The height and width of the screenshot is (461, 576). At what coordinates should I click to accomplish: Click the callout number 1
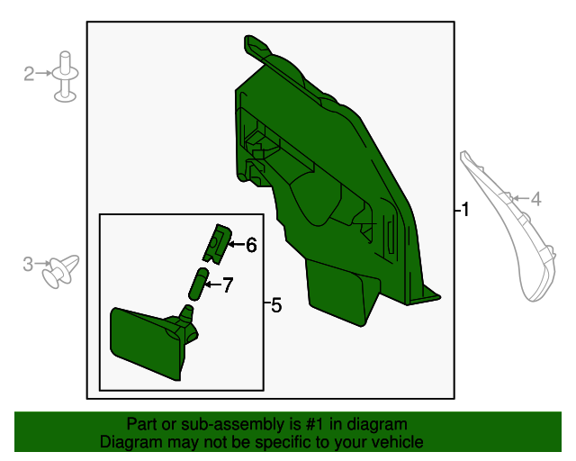tap(464, 210)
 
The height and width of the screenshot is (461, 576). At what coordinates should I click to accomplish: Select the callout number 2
tap(29, 74)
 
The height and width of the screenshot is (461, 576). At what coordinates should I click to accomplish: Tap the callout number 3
tap(28, 264)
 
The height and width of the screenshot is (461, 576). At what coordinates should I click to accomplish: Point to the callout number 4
tap(535, 200)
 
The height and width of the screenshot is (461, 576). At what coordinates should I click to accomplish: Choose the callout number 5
tap(275, 306)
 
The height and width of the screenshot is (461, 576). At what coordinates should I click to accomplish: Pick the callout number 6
tap(251, 244)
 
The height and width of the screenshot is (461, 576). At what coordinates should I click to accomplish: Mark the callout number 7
tap(227, 285)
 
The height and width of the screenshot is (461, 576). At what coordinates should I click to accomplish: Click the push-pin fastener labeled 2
tap(65, 77)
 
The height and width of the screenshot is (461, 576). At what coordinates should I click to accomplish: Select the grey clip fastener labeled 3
tap(62, 269)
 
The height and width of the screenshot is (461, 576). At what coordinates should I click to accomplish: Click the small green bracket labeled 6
tap(215, 242)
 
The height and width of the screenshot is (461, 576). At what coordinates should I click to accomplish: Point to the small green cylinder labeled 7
tap(195, 285)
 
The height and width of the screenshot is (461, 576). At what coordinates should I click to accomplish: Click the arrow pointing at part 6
tap(236, 244)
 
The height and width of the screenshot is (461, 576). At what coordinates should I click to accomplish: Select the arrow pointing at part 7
tap(212, 285)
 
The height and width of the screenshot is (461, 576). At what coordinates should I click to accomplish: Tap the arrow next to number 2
tap(44, 74)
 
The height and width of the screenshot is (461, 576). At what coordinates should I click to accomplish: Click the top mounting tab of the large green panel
tap(257, 46)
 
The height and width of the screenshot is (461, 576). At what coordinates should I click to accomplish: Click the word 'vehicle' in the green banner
tap(396, 442)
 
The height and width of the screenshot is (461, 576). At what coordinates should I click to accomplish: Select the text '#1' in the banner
tap(318, 424)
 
